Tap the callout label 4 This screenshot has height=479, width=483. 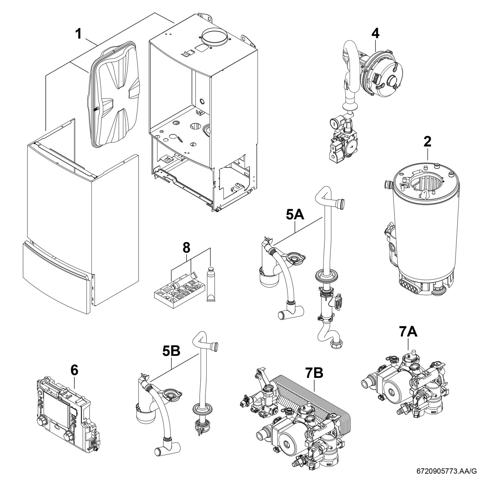(375, 33)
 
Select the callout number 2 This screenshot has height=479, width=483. (427, 142)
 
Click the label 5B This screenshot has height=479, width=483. (171, 351)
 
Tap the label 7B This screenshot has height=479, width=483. (314, 373)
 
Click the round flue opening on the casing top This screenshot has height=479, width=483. (213, 37)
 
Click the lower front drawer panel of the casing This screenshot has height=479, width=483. (56, 268)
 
